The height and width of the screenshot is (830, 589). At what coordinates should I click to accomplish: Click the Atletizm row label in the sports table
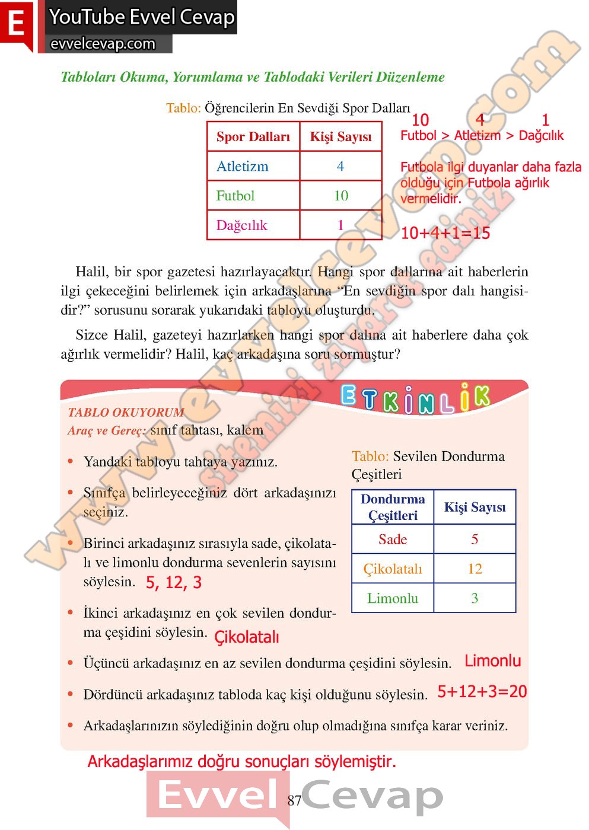click(243, 167)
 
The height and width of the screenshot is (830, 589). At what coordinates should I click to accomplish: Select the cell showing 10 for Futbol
click(341, 196)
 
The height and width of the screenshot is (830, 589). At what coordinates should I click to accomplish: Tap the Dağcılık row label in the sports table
click(242, 225)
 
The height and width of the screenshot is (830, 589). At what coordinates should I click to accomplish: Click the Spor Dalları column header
click(253, 137)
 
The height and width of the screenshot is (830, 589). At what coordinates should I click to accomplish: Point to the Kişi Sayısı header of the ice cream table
click(475, 507)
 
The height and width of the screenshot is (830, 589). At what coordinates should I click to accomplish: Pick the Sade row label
click(393, 539)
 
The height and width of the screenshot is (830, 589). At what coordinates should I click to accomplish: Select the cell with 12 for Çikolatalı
click(475, 569)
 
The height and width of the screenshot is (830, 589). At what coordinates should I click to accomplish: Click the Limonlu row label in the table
click(393, 599)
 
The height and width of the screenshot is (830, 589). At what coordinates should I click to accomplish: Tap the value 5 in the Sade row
click(475, 539)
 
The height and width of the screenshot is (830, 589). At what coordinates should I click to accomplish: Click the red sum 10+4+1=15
click(445, 233)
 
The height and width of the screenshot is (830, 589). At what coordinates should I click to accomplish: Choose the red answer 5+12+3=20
click(482, 692)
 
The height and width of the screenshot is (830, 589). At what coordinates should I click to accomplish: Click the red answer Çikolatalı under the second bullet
click(246, 637)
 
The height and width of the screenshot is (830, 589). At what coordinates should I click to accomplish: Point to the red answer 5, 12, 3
click(174, 583)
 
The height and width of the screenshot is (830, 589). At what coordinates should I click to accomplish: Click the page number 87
click(295, 801)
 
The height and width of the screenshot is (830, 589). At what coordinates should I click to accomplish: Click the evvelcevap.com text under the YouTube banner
click(103, 44)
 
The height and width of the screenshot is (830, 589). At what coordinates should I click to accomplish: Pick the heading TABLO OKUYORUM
click(126, 413)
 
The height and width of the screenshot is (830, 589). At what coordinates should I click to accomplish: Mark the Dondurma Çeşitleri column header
click(393, 507)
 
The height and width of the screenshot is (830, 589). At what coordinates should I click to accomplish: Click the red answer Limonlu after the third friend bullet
click(492, 661)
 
